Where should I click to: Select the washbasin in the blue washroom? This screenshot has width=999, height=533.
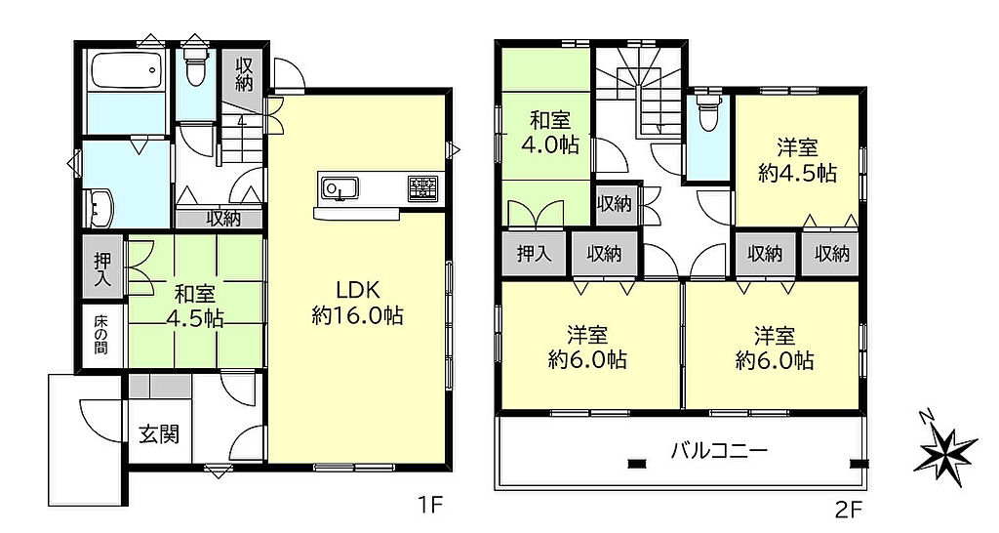(100, 208)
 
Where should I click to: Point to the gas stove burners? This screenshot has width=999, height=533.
(423, 188)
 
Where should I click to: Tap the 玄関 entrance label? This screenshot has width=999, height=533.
(159, 434)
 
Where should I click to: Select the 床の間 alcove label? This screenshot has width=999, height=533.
(101, 334)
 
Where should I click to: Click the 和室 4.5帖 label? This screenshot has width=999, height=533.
(195, 306)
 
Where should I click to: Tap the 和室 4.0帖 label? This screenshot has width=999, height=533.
(550, 133)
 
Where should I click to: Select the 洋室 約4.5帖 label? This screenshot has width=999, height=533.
(798, 161)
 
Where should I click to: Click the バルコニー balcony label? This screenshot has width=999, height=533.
(719, 451)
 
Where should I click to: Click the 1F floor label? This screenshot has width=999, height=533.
(429, 507)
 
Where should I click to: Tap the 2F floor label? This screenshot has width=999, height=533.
(849, 509)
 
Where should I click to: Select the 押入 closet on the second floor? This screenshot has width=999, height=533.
(534, 254)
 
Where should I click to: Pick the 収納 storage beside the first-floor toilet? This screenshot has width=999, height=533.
(244, 74)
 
